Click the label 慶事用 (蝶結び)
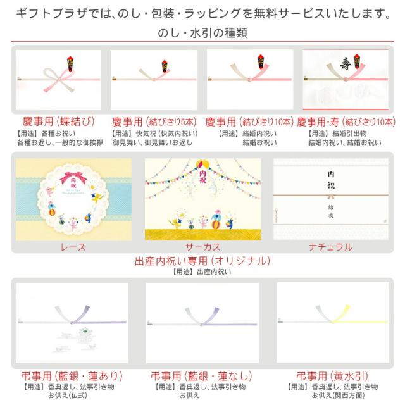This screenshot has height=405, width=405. [53, 121]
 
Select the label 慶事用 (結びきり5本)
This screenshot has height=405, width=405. [154, 121]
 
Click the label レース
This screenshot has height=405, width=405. [73, 247]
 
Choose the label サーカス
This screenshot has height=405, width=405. [202, 247]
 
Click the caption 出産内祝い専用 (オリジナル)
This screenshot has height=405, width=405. [202, 261]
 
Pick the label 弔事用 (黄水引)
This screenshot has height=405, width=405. [332, 376]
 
